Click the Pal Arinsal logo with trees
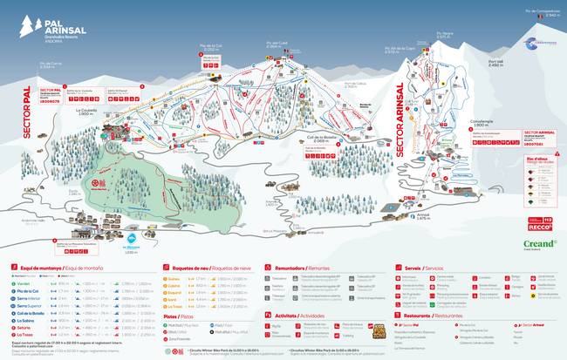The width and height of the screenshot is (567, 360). point(44,23)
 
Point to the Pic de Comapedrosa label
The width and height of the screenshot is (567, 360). point(542,12)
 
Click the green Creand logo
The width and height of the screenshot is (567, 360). point(538,244)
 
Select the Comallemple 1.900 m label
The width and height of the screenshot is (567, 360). point(482,125)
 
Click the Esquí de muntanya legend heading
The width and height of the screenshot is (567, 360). point(44,268)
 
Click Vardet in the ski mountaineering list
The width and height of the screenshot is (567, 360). point(24,283)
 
